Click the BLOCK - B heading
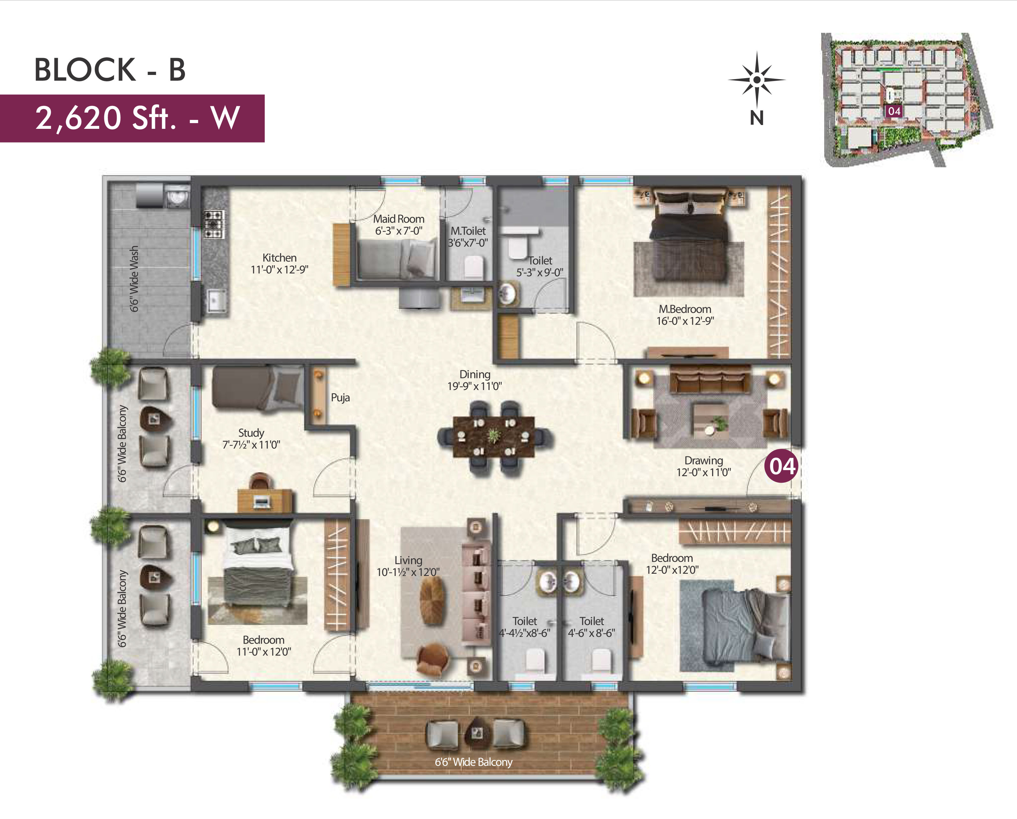110,70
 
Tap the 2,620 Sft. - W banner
132,118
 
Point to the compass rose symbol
757,80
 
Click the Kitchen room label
279,258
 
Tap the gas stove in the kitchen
213,224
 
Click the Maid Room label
399,219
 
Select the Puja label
340,397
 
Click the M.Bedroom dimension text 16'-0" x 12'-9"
685,321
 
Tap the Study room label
251,432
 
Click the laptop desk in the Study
265,500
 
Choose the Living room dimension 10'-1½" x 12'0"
408,572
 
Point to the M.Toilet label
468,231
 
